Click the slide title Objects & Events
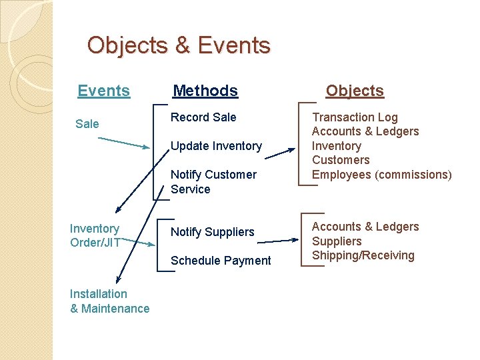(x=179, y=45)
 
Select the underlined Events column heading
(x=103, y=91)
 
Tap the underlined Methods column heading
(x=205, y=91)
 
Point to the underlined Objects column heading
(x=355, y=91)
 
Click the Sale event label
(x=87, y=123)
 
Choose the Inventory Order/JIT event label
(x=95, y=235)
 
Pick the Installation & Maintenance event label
(x=109, y=301)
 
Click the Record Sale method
(x=203, y=117)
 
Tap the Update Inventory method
(x=216, y=146)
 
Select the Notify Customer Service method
(x=213, y=181)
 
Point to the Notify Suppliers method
(x=213, y=232)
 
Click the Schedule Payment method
(x=221, y=261)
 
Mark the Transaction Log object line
(x=355, y=117)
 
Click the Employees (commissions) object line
(x=381, y=175)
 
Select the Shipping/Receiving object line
(x=363, y=255)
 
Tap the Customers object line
(x=341, y=160)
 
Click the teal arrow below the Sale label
(x=125, y=143)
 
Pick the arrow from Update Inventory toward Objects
(x=280, y=146)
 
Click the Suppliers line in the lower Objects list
(x=337, y=241)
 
